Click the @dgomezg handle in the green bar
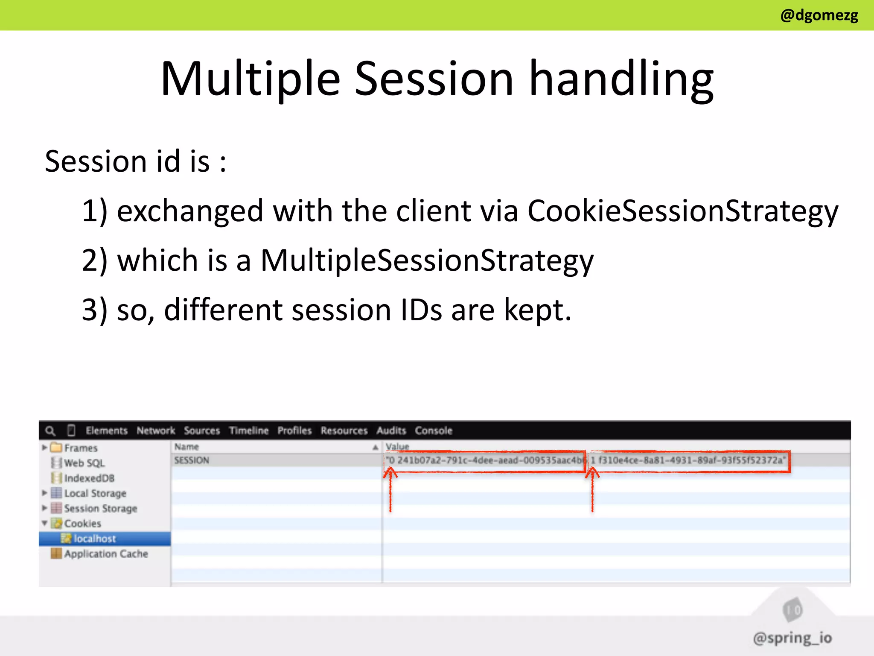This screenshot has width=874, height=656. click(x=819, y=15)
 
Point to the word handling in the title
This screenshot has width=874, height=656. click(x=621, y=79)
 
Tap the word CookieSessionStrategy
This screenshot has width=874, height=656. click(x=682, y=211)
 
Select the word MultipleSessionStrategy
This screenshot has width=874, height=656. click(x=426, y=260)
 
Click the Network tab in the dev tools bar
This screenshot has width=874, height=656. click(x=156, y=430)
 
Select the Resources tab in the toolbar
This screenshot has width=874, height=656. click(x=344, y=430)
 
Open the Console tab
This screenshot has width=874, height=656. click(x=433, y=430)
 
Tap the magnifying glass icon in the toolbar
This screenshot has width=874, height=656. click(x=50, y=430)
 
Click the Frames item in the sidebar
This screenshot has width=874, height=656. click(x=81, y=448)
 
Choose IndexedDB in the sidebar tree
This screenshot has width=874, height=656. click(x=89, y=478)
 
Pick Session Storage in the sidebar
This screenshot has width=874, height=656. click(x=100, y=508)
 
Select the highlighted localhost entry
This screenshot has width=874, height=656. click(x=95, y=539)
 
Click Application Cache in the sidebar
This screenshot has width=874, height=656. click(x=106, y=554)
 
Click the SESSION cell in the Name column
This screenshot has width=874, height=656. click(x=192, y=460)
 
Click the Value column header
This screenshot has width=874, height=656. click(x=397, y=447)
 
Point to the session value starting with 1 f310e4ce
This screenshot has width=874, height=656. click(x=688, y=460)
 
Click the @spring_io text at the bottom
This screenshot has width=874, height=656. click(x=792, y=638)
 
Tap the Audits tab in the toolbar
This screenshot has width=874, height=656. click(x=391, y=430)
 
